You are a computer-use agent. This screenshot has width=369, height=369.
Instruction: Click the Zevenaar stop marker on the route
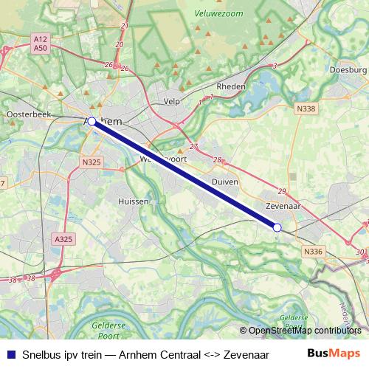click(x=277, y=228)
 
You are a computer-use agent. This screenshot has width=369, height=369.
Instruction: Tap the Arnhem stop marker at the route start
click(x=92, y=121)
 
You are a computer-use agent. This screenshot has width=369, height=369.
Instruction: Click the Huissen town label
click(x=134, y=201)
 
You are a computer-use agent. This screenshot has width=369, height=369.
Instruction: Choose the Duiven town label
click(x=224, y=180)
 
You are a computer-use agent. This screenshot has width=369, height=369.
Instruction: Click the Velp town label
click(x=171, y=102)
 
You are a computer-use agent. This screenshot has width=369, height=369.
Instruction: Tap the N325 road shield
click(x=92, y=162)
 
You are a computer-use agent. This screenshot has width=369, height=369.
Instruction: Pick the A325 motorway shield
click(x=63, y=238)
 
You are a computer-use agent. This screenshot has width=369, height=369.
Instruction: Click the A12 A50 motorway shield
click(x=41, y=43)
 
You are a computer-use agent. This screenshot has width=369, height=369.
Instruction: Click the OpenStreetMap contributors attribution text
click(x=304, y=330)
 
